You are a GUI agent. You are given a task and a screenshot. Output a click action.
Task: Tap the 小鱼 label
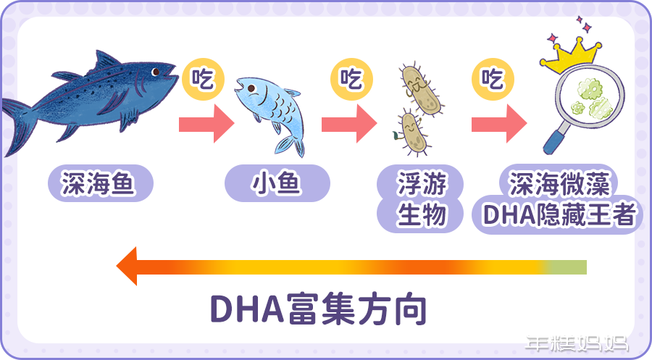click(277, 185)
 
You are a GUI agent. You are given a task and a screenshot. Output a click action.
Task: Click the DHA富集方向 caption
click(318, 308)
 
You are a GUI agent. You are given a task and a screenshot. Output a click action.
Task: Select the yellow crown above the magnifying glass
click(574, 52)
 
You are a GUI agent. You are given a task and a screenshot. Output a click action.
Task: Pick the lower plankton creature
click(409, 132)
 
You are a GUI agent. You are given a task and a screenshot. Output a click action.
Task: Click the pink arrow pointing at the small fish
click(206, 125)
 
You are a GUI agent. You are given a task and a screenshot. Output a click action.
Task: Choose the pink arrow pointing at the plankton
click(349, 125)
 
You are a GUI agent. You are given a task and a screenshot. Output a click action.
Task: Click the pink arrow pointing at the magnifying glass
click(498, 125)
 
